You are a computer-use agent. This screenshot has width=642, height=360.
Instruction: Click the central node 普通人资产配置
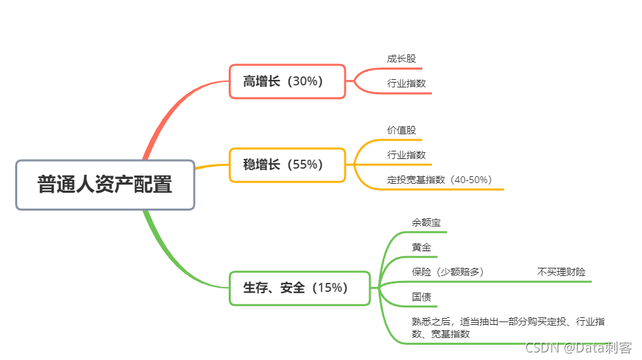tap(105, 185)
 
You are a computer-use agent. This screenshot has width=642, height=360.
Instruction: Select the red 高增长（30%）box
tap(287, 81)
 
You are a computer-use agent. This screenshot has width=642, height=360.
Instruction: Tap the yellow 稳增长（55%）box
tap(287, 165)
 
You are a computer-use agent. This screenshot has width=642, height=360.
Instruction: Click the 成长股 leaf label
tap(402, 59)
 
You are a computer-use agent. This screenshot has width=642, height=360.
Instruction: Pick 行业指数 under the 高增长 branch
tap(406, 83)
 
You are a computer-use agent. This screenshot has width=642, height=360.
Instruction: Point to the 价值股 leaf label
tap(402, 130)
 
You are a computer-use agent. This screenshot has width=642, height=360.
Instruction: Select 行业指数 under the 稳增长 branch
tap(406, 155)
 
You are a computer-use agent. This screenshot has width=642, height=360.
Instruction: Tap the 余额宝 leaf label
tap(426, 222)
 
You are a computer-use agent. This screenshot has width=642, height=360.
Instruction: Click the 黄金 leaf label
tap(421, 247)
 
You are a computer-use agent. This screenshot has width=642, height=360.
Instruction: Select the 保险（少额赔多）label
tap(448, 272)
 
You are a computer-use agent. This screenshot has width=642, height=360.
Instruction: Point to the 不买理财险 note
tap(561, 272)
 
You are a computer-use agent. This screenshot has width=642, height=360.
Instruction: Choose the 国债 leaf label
tap(421, 297)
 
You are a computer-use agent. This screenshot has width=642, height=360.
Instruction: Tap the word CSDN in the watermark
tap(541, 348)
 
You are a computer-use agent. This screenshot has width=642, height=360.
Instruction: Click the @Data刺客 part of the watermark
tap(599, 348)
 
